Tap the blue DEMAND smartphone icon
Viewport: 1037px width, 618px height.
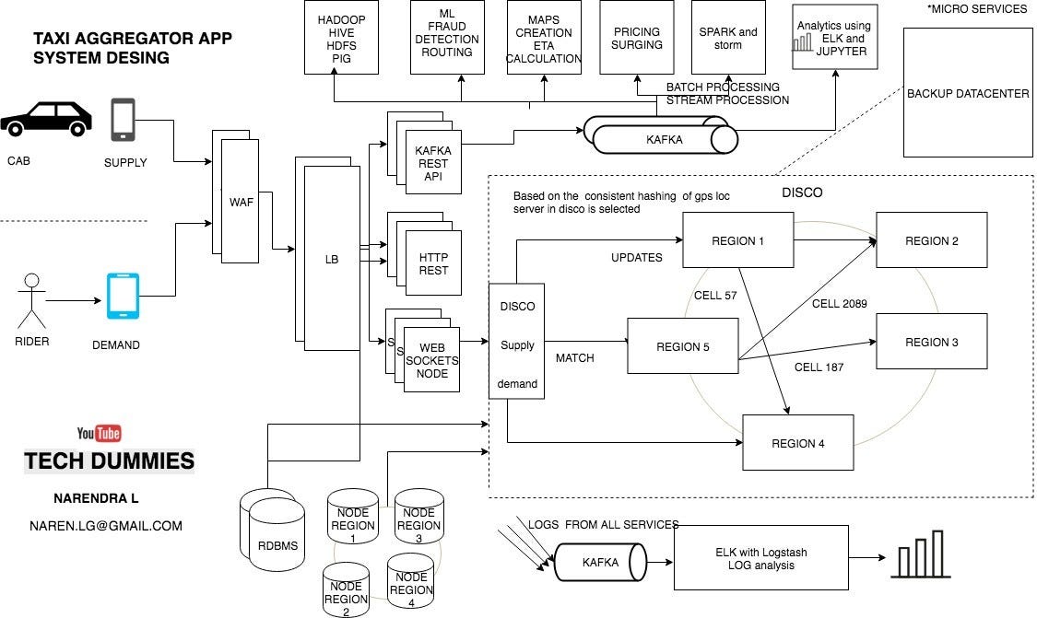click(x=124, y=296)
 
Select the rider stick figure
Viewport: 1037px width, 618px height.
click(x=32, y=300)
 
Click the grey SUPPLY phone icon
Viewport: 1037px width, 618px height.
click(x=123, y=120)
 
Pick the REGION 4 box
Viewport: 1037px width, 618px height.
click(x=798, y=443)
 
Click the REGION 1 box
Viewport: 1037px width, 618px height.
click(x=737, y=240)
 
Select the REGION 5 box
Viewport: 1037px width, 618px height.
click(x=682, y=346)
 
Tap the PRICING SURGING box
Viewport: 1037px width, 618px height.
click(x=636, y=38)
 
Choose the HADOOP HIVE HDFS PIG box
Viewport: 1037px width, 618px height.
click(x=341, y=38)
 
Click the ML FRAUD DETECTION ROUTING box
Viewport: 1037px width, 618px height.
click(x=447, y=38)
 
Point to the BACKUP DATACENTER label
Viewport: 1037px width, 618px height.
click(x=968, y=94)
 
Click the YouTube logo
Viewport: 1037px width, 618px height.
click(x=100, y=433)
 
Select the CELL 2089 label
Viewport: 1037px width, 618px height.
click(x=839, y=303)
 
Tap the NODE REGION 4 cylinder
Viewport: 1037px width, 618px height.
click(x=410, y=582)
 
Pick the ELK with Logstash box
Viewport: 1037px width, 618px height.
click(x=760, y=558)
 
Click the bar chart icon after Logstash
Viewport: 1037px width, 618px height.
click(x=919, y=554)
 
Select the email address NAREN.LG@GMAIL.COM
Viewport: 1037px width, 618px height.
click(x=105, y=526)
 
